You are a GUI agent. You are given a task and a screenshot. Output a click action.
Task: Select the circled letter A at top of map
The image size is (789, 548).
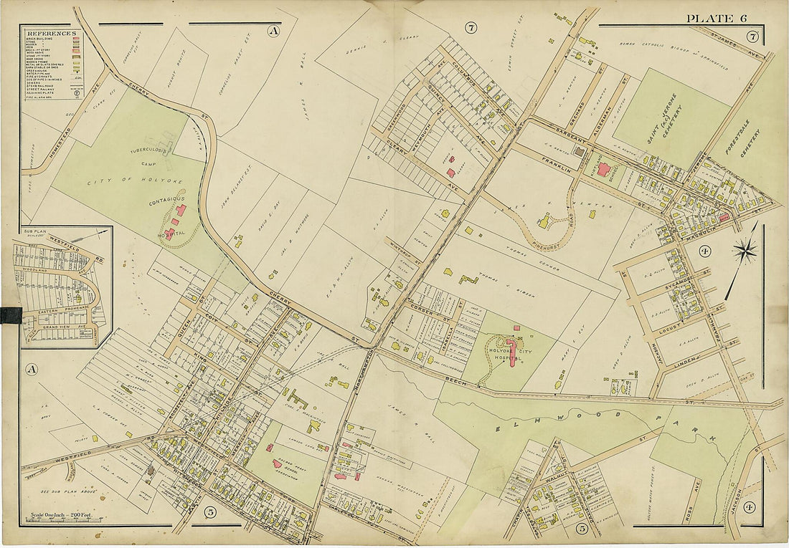coord(273,31)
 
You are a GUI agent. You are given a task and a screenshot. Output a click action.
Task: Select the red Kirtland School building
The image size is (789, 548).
coord(604,170)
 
